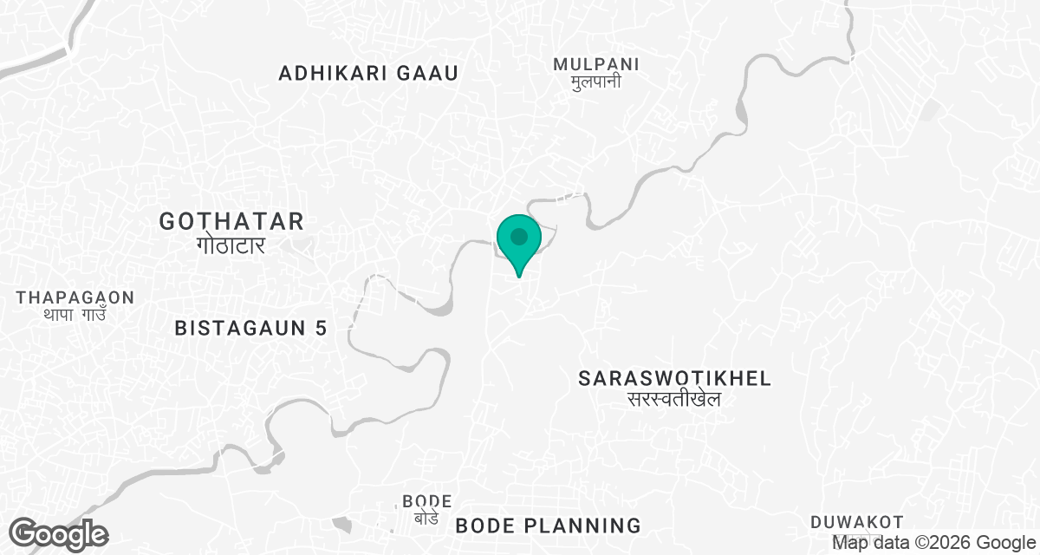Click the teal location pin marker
coord(519,239)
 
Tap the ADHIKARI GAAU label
coord(367,73)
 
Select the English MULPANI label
coord(596,63)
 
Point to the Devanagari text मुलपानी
coord(596,82)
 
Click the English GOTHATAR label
coord(231,221)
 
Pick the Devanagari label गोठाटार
coord(231,245)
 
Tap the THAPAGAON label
coord(75,297)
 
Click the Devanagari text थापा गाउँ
coord(75,315)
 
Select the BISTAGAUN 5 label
coord(250,328)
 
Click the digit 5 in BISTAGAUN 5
coord(321,328)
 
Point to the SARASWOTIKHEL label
coord(675,378)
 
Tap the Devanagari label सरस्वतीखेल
coord(675,400)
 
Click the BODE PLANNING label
coord(548,525)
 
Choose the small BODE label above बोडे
coord(427,501)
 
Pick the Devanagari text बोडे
coord(426,518)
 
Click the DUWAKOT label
coord(857,522)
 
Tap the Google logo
coord(58,533)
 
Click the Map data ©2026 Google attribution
coord(927,543)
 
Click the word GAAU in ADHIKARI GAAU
coord(426,73)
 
